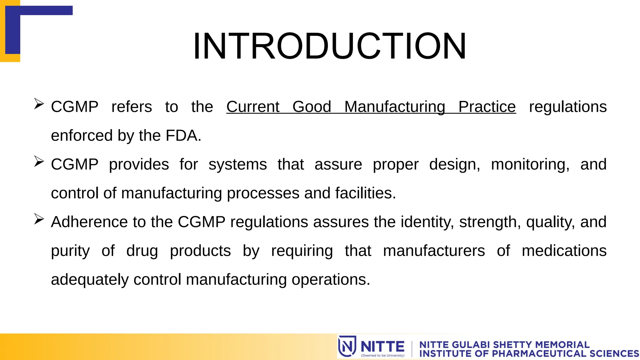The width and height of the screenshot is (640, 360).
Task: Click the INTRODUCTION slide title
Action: click(329, 46)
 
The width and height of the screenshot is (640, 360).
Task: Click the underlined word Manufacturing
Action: click(395, 107)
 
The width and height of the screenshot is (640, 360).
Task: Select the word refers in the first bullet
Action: click(132, 107)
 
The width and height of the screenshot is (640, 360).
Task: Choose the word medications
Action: click(564, 251)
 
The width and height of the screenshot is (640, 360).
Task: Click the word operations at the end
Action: click(330, 280)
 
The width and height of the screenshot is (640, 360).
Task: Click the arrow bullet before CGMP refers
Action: click(39, 104)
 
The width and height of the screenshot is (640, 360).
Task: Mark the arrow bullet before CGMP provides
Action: click(39, 161)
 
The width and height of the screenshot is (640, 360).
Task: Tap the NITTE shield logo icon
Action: click(347, 346)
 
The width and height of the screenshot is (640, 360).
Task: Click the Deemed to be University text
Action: click(382, 355)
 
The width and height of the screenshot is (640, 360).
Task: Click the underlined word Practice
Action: click(487, 107)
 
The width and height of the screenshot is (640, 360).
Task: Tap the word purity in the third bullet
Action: click(70, 251)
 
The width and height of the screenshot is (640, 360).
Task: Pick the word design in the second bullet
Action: click(454, 165)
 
